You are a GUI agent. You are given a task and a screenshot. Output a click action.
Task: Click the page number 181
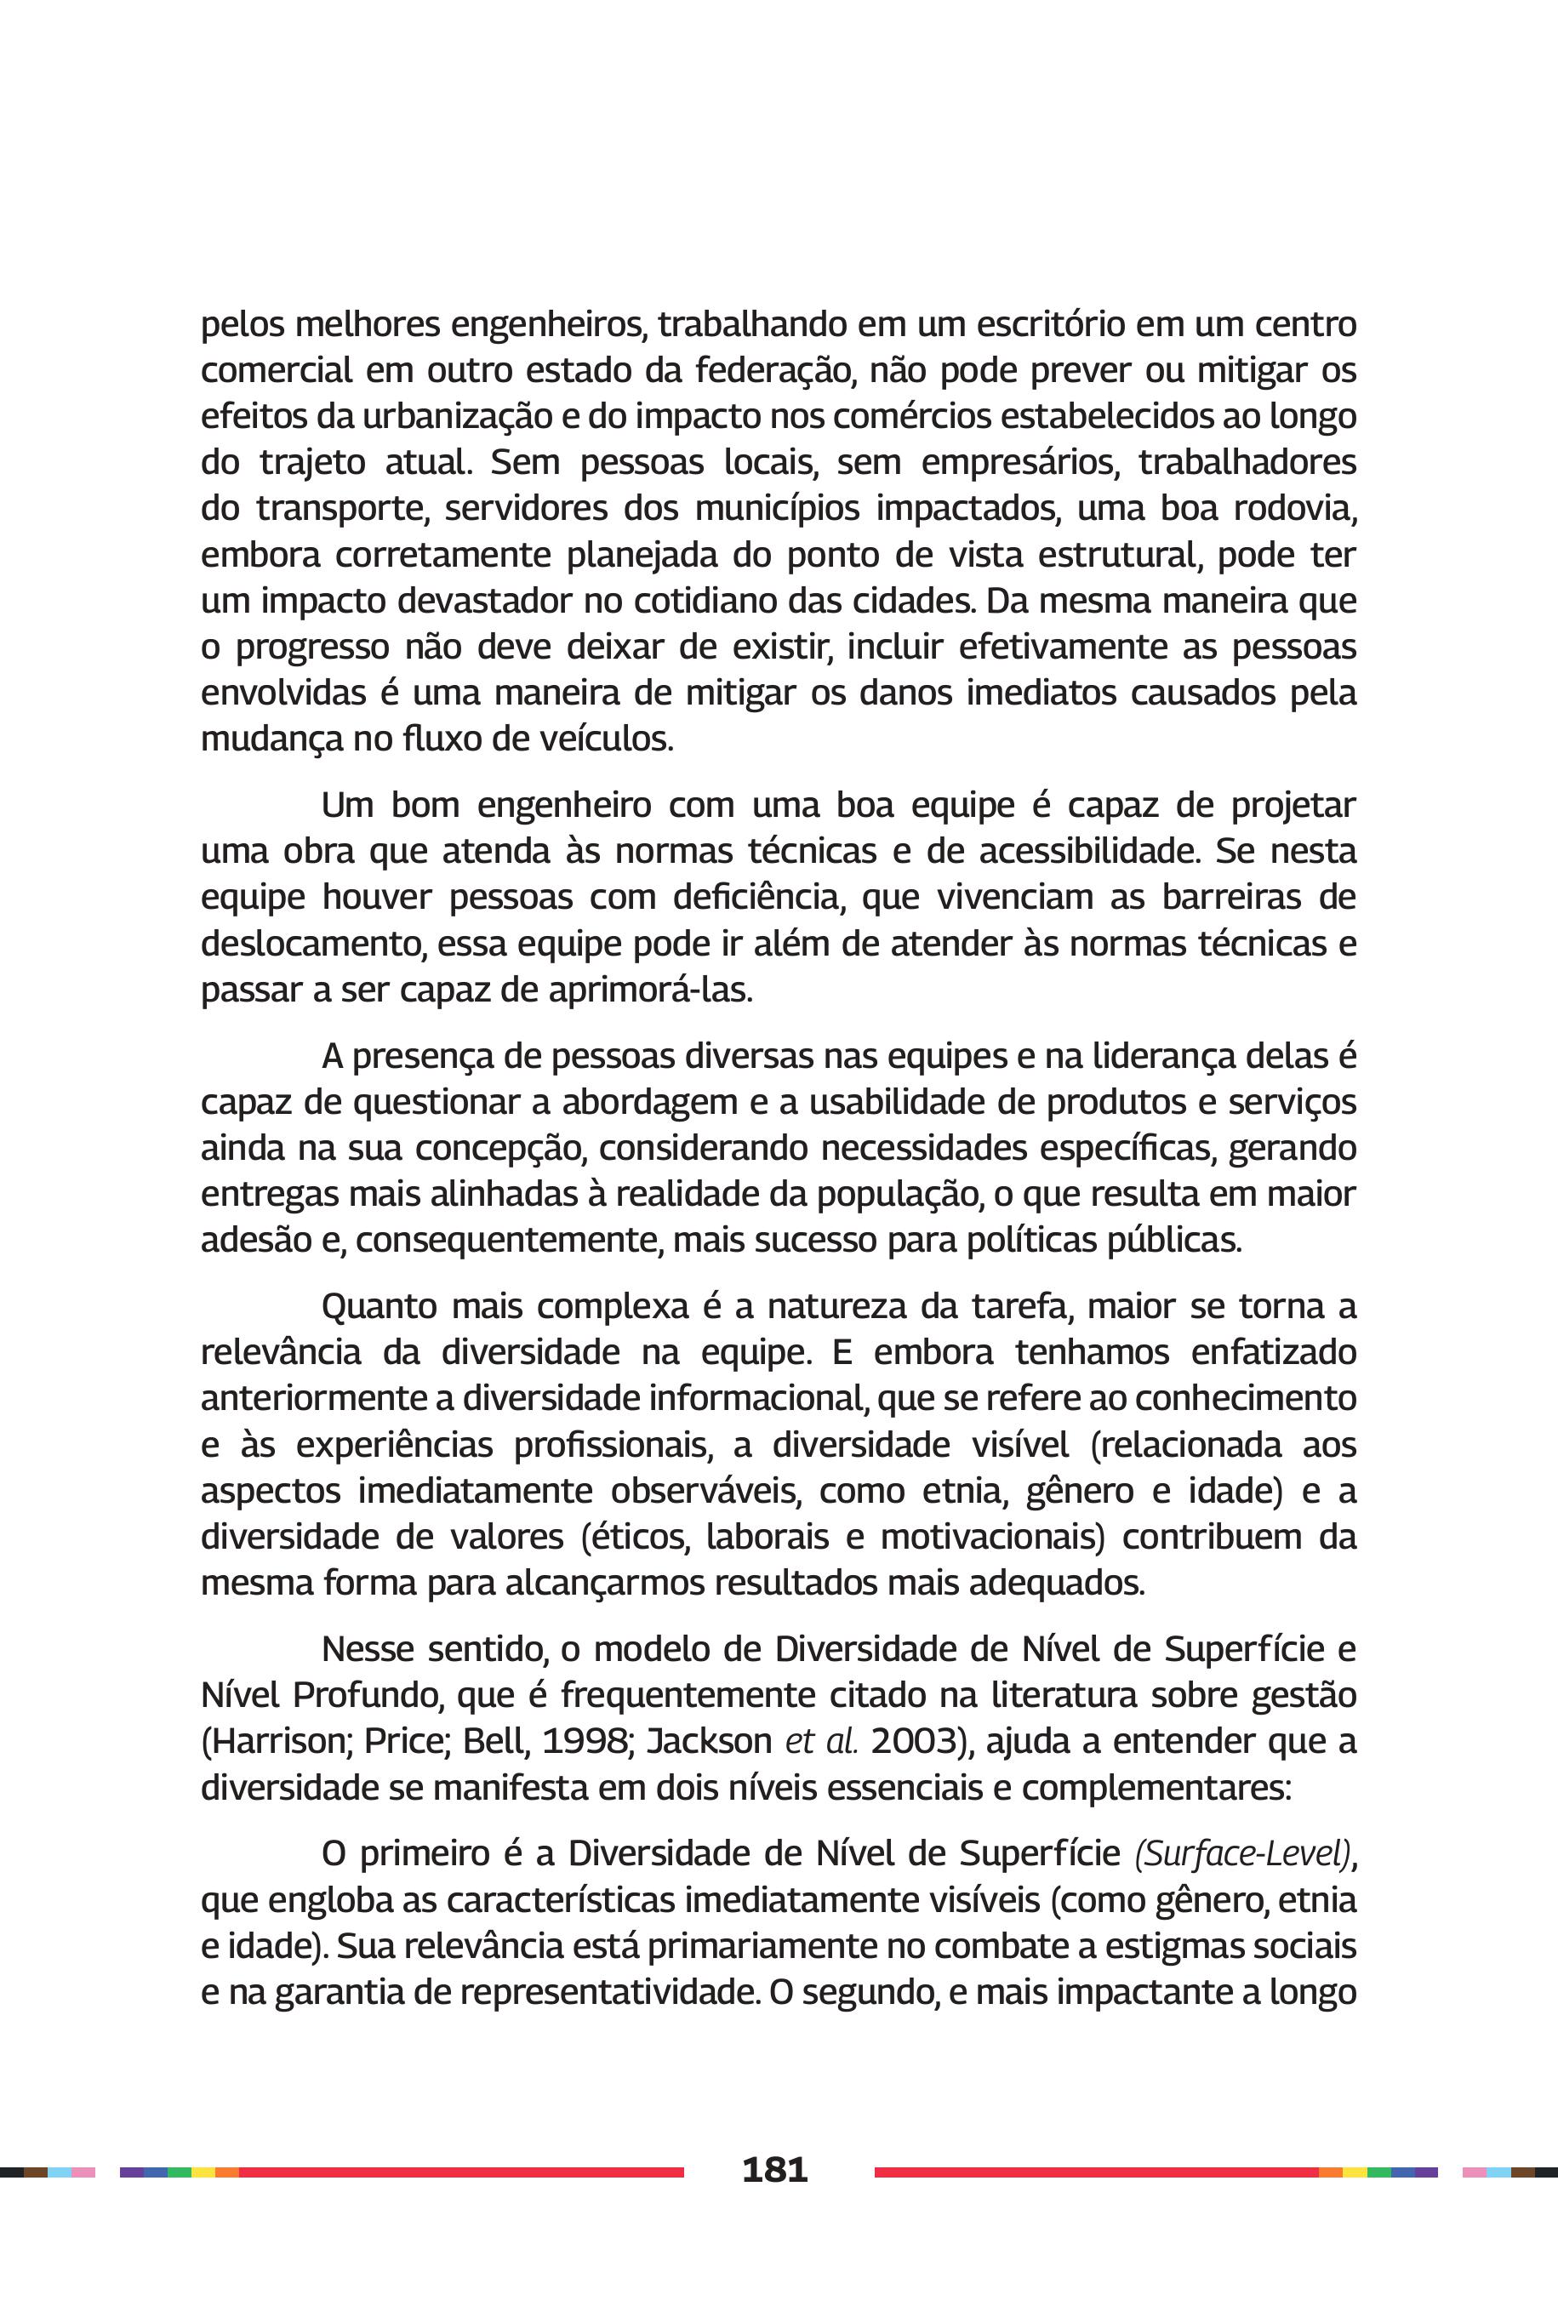pyautogui.click(x=775, y=2170)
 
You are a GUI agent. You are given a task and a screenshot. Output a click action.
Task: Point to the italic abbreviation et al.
pyautogui.click(x=821, y=1742)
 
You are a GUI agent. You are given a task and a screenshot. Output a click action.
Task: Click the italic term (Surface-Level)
pyautogui.click(x=1244, y=1854)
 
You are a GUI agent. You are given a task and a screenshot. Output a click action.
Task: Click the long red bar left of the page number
pyautogui.click(x=461, y=2172)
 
